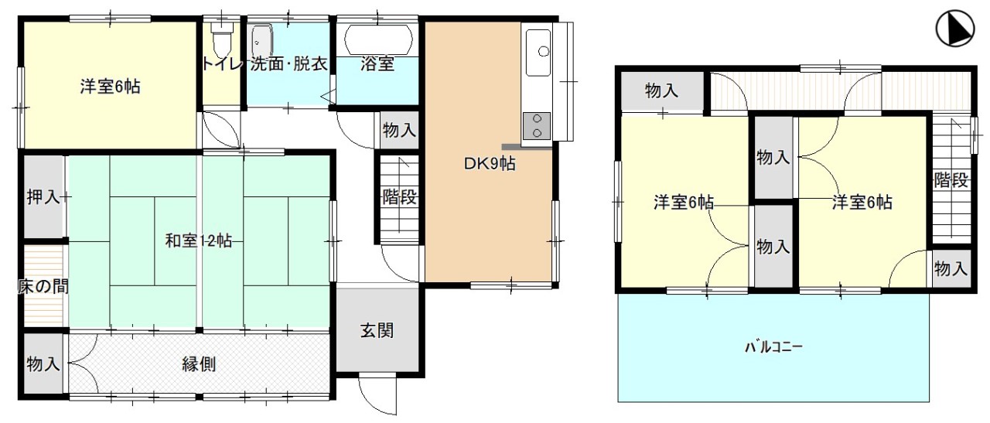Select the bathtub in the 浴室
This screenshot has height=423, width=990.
377,38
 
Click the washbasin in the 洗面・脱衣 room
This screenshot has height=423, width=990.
262,40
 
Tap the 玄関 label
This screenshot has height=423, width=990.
377,331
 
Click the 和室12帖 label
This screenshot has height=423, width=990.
198,240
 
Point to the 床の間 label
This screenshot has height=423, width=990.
43,287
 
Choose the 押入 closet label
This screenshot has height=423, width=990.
43,196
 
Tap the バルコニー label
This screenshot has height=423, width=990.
773,347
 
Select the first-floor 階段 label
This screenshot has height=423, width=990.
400,197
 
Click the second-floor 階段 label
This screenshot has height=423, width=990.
951,181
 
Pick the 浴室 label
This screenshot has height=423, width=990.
377,64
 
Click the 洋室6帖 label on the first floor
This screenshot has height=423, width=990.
110,87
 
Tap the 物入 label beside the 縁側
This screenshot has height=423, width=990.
43,363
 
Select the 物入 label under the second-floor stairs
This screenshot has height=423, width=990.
951,269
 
